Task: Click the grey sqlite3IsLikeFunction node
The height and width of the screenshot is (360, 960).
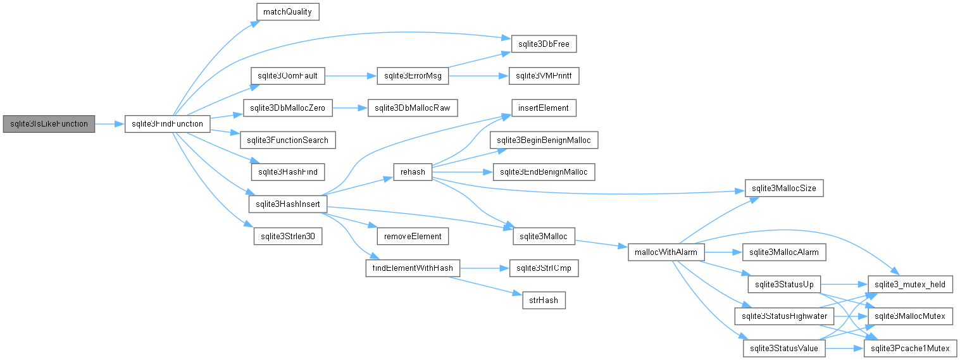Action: pyautogui.click(x=49, y=124)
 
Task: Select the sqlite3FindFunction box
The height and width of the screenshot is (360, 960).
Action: pyautogui.click(x=168, y=124)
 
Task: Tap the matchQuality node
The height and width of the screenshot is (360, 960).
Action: pyautogui.click(x=287, y=11)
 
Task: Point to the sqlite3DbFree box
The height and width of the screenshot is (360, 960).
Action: pyautogui.click(x=544, y=44)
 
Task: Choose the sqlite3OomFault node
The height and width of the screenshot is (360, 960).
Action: pyautogui.click(x=287, y=76)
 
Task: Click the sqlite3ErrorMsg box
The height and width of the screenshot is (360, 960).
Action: pyautogui.click(x=413, y=76)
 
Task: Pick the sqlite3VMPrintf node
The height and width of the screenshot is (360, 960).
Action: pyautogui.click(x=544, y=76)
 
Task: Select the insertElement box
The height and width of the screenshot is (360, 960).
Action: pyautogui.click(x=544, y=108)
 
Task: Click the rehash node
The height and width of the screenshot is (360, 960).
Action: pyautogui.click(x=413, y=172)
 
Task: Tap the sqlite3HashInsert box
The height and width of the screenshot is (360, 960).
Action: pyautogui.click(x=287, y=204)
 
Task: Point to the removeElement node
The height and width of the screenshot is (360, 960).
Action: pyautogui.click(x=413, y=236)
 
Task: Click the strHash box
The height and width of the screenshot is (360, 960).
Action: pyautogui.click(x=544, y=301)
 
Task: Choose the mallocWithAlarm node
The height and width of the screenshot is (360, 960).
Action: pyautogui.click(x=666, y=252)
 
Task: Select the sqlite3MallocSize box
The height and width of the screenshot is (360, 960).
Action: pyautogui.click(x=784, y=188)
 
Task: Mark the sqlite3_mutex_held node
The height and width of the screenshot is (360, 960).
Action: pyautogui.click(x=910, y=284)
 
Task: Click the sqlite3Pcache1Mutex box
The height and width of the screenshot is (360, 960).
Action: pyautogui.click(x=910, y=349)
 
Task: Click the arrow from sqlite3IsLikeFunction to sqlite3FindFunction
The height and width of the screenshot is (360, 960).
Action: pyautogui.click(x=109, y=124)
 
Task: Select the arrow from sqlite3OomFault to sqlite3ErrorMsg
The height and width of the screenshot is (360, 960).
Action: pyautogui.click(x=351, y=76)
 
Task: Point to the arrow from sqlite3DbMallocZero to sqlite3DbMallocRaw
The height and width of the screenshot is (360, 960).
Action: pyautogui.click(x=350, y=108)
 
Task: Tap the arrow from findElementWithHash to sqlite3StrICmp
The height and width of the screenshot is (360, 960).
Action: pyautogui.click(x=484, y=268)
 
